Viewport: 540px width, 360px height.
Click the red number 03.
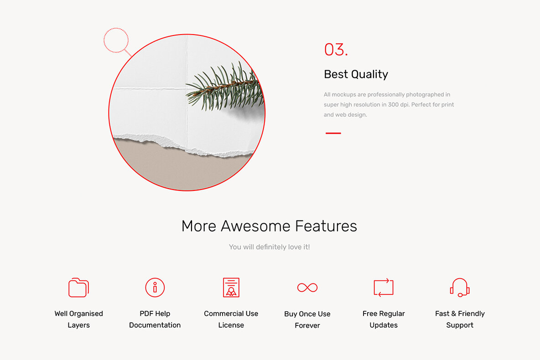point(336,50)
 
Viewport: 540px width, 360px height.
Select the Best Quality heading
point(356,74)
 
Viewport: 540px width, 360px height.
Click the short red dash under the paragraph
point(333,133)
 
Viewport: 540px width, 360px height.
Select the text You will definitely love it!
point(269,247)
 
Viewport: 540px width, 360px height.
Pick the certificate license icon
point(231,288)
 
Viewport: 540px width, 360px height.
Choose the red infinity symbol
point(307,288)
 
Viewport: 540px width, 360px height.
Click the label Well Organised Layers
point(78,319)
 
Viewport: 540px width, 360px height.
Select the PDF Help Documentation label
point(155,319)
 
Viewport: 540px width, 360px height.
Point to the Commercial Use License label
point(231,319)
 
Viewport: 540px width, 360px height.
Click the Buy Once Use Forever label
point(307,320)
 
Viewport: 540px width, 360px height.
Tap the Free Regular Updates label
point(384,319)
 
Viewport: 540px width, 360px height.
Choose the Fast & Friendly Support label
point(460,319)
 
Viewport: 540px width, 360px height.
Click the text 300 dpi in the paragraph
point(398,105)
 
